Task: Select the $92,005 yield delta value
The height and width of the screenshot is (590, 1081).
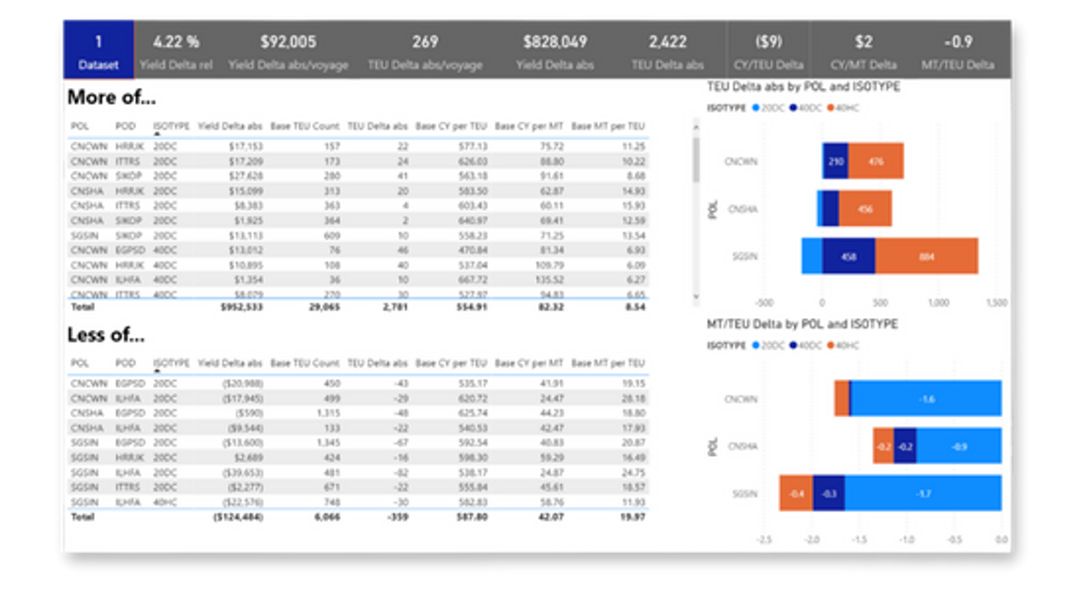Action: click(x=288, y=41)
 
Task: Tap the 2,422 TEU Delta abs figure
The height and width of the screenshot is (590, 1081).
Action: click(x=668, y=41)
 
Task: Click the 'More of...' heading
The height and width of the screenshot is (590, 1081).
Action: click(x=112, y=98)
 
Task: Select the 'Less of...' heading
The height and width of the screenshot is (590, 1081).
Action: click(x=106, y=335)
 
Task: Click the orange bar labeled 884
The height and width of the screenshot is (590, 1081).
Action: click(x=926, y=256)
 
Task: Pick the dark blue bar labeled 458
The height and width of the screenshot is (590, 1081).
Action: click(x=848, y=256)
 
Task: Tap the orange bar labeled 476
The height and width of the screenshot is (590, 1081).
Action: click(x=876, y=161)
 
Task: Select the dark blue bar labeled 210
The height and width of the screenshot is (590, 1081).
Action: click(x=835, y=161)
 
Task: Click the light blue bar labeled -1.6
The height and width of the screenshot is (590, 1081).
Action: click(x=926, y=399)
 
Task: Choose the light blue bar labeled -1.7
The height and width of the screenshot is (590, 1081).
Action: click(x=923, y=493)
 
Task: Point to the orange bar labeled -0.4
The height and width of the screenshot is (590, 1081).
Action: click(x=796, y=493)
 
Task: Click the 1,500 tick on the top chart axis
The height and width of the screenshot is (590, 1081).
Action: click(x=997, y=303)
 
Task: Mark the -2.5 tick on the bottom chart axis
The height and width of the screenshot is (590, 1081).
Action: click(x=764, y=540)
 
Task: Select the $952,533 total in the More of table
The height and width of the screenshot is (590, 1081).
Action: click(x=241, y=306)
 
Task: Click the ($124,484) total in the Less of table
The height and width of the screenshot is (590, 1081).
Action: click(x=238, y=517)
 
